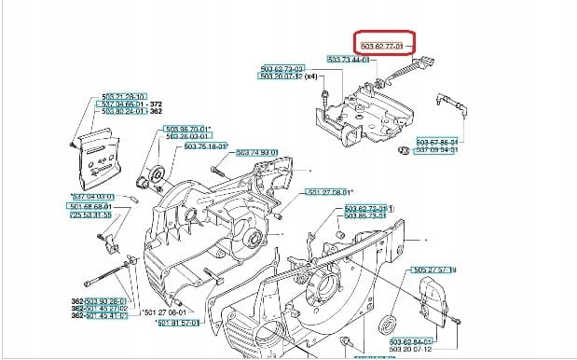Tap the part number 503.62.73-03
pyautogui.click(x=283, y=69)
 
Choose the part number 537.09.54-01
pyautogui.click(x=437, y=149)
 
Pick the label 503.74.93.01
pyautogui.click(x=258, y=152)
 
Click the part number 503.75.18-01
pyautogui.click(x=207, y=146)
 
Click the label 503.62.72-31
pyautogui.click(x=367, y=208)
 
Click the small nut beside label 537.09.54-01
pyautogui.click(x=403, y=150)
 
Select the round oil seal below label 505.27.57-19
pyautogui.click(x=389, y=326)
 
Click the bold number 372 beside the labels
pyautogui.click(x=157, y=104)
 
